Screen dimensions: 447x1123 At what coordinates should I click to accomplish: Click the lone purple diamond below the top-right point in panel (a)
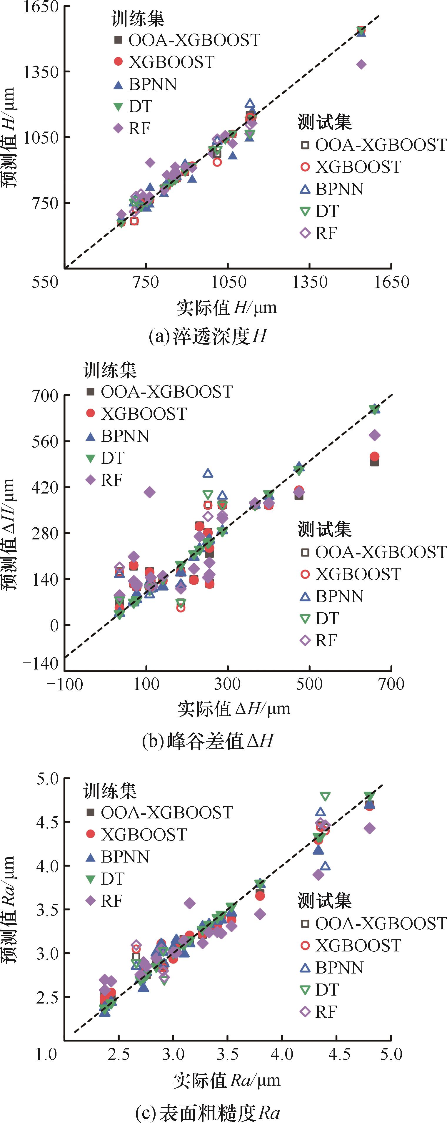pyautogui.click(x=361, y=64)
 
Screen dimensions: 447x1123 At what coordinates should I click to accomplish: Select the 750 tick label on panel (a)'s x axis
pyautogui.click(x=146, y=282)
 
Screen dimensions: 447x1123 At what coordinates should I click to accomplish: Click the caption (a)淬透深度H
pyautogui.click(x=207, y=336)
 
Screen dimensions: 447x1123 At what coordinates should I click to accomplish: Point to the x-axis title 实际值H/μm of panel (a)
pyautogui.click(x=226, y=308)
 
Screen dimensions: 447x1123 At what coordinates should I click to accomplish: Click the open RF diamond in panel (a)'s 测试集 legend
pyautogui.click(x=306, y=233)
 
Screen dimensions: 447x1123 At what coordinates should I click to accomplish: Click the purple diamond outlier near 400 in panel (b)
pyautogui.click(x=149, y=492)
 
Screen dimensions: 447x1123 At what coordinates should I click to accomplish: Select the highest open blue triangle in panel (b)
pyautogui.click(x=208, y=473)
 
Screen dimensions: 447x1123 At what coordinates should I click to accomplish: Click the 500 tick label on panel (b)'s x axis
pyautogui.click(x=309, y=684)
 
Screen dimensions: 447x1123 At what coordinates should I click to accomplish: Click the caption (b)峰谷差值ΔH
pyautogui.click(x=208, y=741)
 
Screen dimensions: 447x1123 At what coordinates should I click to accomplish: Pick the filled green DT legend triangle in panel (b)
pyautogui.click(x=91, y=458)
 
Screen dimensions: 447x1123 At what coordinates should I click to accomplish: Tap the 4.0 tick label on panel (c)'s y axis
pyautogui.click(x=47, y=866)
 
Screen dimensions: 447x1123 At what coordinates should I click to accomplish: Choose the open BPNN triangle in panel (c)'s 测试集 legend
pyautogui.click(x=306, y=968)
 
